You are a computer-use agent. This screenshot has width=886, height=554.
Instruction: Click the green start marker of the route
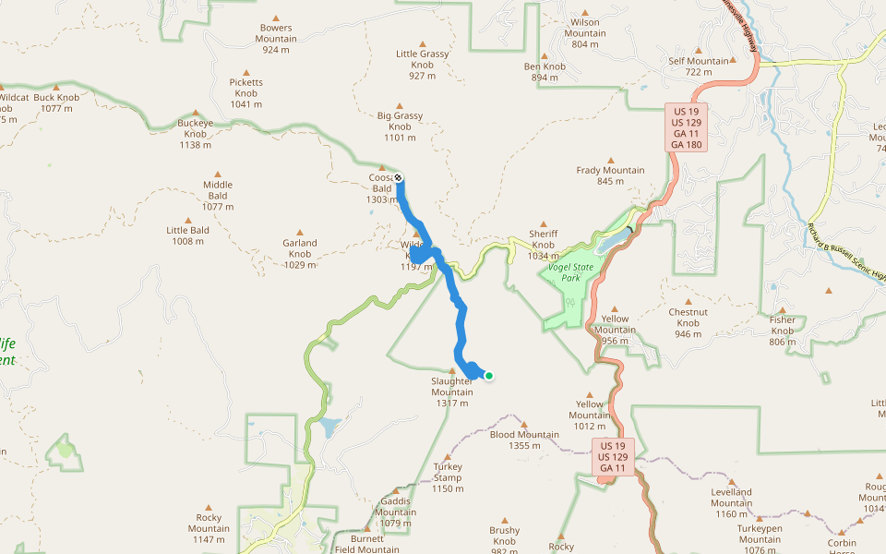pos(489,375)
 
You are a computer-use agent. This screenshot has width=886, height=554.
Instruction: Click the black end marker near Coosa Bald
pos(399,177)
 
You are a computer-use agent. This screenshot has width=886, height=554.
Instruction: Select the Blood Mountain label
pos(524,440)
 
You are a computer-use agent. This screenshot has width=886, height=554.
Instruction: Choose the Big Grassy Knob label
pos(401,126)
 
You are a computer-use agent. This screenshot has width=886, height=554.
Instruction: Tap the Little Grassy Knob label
pos(423,59)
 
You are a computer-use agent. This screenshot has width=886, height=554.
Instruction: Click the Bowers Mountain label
pos(277,33)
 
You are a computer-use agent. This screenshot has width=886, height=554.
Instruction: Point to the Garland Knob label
pos(300,248)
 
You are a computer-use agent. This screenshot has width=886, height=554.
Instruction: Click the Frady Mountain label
pos(610,175)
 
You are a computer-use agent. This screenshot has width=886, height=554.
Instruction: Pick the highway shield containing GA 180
pos(687,127)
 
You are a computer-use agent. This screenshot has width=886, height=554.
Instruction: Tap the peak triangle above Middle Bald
pos(219,173)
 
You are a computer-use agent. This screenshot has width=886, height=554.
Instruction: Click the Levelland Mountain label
pos(731,497)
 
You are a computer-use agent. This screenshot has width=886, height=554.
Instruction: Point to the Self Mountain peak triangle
pos(699,51)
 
